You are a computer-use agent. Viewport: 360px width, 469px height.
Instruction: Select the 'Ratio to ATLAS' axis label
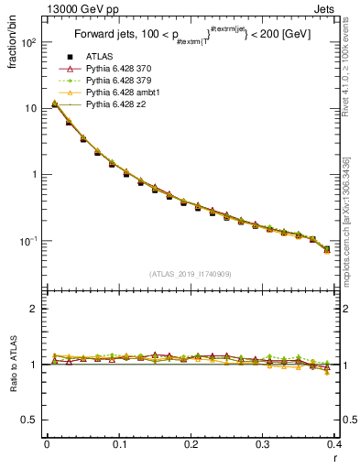(14, 365)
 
